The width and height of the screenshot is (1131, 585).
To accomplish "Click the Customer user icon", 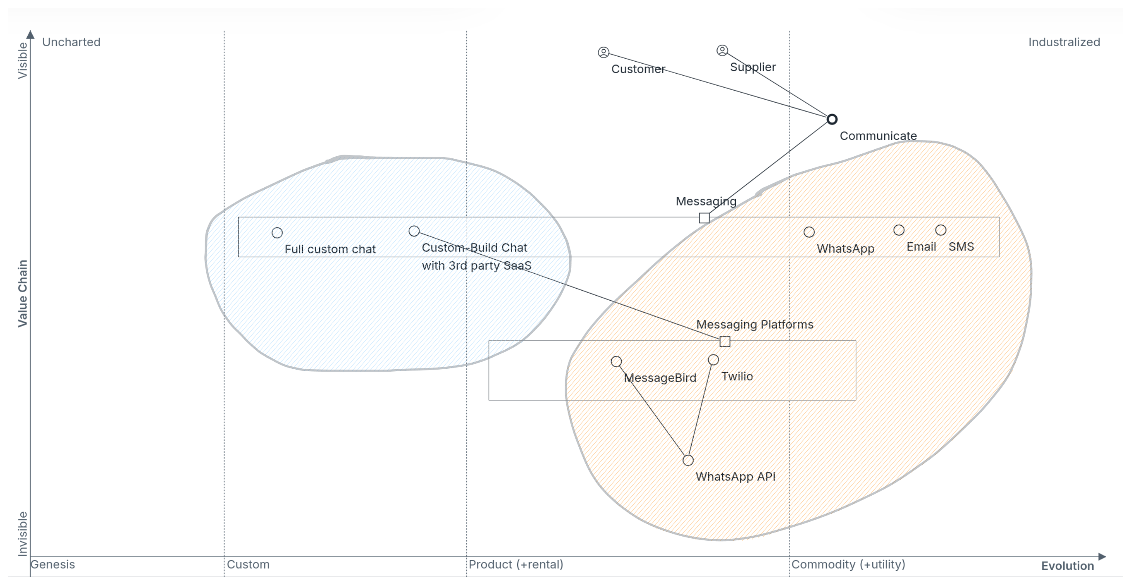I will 604,53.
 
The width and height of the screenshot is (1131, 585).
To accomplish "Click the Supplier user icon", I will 722,50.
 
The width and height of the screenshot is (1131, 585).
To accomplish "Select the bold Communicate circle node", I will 832,119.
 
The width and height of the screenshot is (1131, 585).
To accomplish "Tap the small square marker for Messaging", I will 704,218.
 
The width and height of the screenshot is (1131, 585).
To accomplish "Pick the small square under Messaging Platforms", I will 725,341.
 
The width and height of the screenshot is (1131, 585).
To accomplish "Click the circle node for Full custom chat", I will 277,233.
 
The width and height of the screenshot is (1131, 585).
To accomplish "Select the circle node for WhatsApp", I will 809,232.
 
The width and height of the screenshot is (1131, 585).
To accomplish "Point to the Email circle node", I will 899,230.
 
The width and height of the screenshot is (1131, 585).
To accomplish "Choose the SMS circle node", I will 941,230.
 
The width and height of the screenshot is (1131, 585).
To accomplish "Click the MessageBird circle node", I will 616,361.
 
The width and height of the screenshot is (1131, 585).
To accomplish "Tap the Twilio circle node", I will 713,360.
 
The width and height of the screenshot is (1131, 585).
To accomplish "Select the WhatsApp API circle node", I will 688,460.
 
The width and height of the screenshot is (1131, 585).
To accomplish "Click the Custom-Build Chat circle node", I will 414,231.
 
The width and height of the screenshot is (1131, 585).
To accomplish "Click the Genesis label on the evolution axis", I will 52,564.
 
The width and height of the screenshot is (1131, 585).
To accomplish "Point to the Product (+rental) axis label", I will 516,564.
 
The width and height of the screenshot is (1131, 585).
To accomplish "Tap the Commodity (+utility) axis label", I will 848,564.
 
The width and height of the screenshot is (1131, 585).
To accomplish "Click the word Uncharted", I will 71,42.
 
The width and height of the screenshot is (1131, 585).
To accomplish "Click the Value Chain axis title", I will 22,294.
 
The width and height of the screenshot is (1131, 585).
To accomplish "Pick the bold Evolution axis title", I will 1068,566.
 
